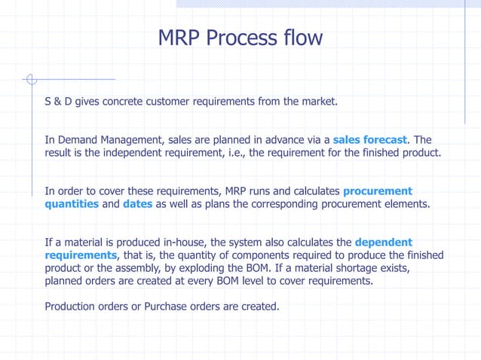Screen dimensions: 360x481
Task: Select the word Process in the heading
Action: click(x=241, y=38)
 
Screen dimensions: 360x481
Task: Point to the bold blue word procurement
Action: click(x=377, y=191)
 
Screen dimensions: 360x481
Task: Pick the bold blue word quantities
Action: click(x=72, y=203)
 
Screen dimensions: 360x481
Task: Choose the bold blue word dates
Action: click(x=137, y=203)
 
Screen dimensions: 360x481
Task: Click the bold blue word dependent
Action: click(x=383, y=242)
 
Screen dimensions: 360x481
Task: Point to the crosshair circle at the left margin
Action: click(x=30, y=78)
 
